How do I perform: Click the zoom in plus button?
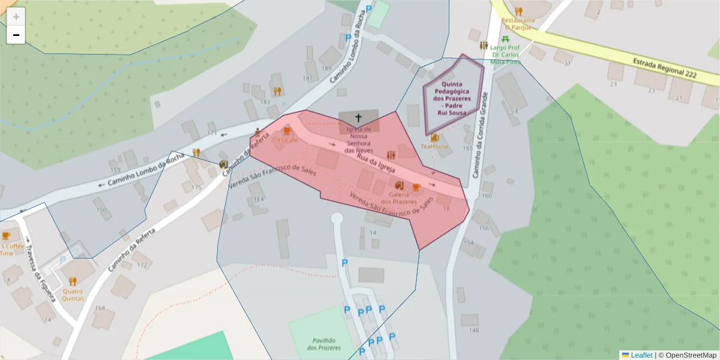tap(16, 17)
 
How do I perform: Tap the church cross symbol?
tap(359, 118)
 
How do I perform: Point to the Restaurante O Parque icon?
tap(518, 11)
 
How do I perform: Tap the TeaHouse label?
tap(434, 146)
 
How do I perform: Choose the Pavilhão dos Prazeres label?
tap(324, 344)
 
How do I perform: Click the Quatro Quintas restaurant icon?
tap(73, 281)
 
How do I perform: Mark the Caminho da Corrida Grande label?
tap(478, 135)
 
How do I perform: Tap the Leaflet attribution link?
tap(641, 355)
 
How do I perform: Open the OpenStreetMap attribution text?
tap(687, 355)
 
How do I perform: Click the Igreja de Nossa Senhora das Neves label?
tap(359, 139)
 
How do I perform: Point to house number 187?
tap(308, 79)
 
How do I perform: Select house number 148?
tap(474, 330)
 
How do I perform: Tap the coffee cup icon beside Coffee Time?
tap(6, 235)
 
